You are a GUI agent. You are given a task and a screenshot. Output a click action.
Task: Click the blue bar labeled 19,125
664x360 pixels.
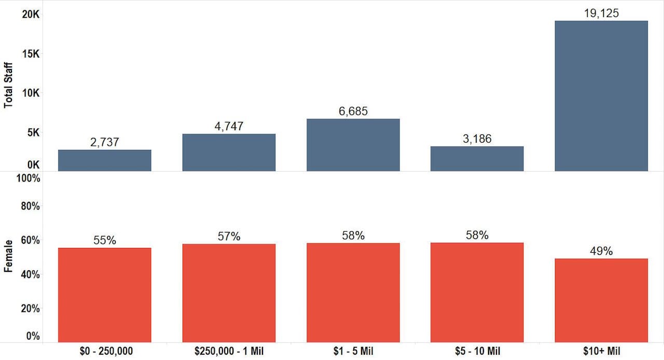click(x=601, y=96)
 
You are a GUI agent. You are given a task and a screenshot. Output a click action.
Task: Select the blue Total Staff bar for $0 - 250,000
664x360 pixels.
click(x=104, y=160)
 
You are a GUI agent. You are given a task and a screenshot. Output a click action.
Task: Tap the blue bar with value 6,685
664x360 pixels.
click(x=353, y=145)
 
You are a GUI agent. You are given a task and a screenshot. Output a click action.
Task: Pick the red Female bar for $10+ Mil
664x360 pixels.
click(x=601, y=300)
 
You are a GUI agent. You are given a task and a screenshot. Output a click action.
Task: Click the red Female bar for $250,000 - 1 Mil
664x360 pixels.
click(x=229, y=293)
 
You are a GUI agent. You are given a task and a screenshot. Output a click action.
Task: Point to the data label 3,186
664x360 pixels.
click(x=477, y=139)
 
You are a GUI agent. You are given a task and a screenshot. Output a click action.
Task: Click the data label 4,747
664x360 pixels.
click(x=229, y=126)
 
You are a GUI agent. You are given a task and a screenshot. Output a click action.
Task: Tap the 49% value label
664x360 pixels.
click(x=601, y=251)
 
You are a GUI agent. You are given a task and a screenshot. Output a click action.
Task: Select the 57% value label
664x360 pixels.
click(x=229, y=237)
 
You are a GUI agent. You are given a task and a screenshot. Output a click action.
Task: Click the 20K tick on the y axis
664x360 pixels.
click(x=30, y=15)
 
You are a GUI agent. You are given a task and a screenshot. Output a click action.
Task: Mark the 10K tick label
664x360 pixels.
click(x=30, y=93)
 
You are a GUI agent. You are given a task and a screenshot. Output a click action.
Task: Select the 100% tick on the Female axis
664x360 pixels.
click(x=29, y=178)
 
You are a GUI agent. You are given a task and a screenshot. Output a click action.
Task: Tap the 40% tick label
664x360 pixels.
click(x=30, y=274)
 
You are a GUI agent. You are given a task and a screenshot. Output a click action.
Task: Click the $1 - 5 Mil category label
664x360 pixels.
click(x=353, y=351)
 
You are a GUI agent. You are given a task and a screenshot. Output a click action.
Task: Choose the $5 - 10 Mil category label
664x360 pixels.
click(x=477, y=351)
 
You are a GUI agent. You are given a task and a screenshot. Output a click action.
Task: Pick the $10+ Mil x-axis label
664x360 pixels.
click(x=601, y=351)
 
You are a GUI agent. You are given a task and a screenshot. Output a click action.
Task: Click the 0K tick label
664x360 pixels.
click(x=33, y=165)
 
